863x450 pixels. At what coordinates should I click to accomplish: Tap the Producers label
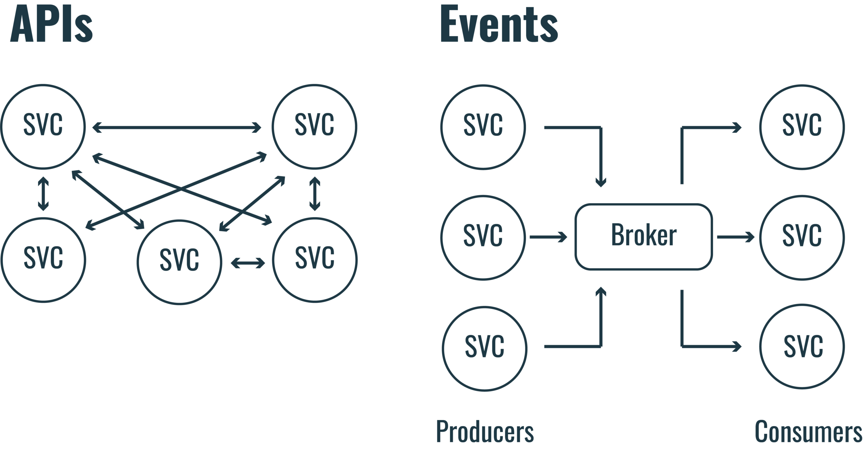pyautogui.click(x=485, y=431)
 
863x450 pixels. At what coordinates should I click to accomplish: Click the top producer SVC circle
pyautogui.click(x=483, y=126)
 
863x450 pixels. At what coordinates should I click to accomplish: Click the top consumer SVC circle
pyautogui.click(x=802, y=126)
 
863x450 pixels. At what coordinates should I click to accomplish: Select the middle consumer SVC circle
pyautogui.click(x=802, y=237)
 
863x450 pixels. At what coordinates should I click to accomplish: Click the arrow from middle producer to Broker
pyautogui.click(x=548, y=237)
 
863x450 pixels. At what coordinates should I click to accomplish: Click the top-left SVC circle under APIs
pyautogui.click(x=43, y=126)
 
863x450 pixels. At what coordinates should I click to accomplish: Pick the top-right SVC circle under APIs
pyautogui.click(x=314, y=126)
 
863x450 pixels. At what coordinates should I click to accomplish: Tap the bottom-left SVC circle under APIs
pyautogui.click(x=43, y=260)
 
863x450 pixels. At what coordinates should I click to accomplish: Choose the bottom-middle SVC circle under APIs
pyautogui.click(x=179, y=261)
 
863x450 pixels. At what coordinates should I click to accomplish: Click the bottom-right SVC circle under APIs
pyautogui.click(x=314, y=260)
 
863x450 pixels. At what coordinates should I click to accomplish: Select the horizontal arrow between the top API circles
pyautogui.click(x=177, y=128)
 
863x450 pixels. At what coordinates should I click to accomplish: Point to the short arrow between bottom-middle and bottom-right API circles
pyautogui.click(x=248, y=263)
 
